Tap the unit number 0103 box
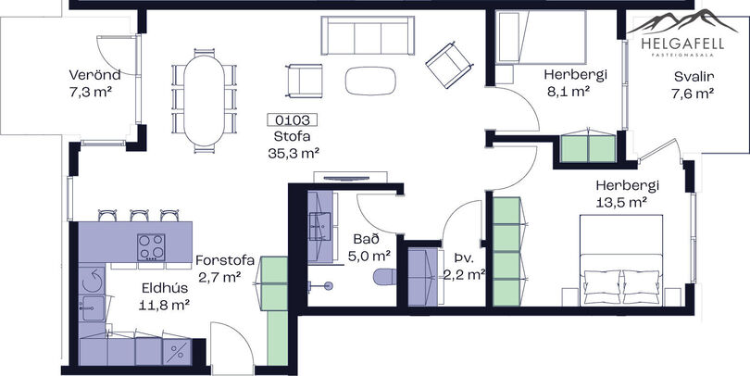coord(293,119)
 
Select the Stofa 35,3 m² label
coord(294,144)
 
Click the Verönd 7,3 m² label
coord(94,83)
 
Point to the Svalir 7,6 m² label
coord(694,84)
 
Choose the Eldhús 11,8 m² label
coord(165,296)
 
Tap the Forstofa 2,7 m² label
coord(225,269)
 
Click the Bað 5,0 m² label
coord(369,247)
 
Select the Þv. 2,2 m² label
coord(465,267)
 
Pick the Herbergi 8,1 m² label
coord(575,82)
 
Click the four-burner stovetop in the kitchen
coord(151,247)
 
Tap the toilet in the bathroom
coord(384,277)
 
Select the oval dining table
coord(205,100)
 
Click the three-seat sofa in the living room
coord(368,35)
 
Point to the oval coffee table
coord(370,80)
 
